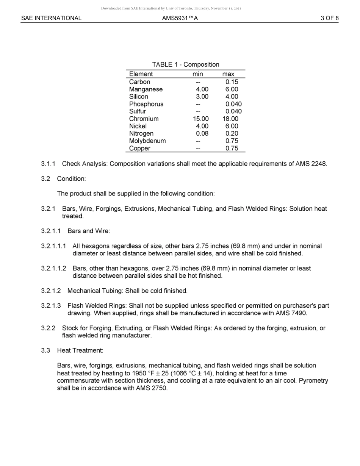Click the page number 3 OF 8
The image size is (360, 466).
click(x=329, y=18)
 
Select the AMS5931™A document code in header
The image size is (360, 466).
click(x=180, y=18)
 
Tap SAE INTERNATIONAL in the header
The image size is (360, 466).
click(x=51, y=18)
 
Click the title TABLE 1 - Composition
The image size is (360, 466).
click(x=185, y=64)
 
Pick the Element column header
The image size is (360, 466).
click(x=141, y=74)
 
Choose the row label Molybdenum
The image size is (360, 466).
click(x=147, y=141)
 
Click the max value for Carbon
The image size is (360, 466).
click(x=232, y=82)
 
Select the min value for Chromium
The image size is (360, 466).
click(x=200, y=119)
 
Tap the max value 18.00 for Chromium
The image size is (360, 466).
click(x=230, y=119)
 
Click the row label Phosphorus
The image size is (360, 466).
click(x=146, y=104)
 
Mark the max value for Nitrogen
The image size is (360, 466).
click(x=232, y=134)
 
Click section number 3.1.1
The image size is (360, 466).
click(x=48, y=164)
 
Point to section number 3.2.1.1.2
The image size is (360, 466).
click(x=53, y=269)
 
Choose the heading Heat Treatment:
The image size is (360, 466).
click(x=80, y=351)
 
